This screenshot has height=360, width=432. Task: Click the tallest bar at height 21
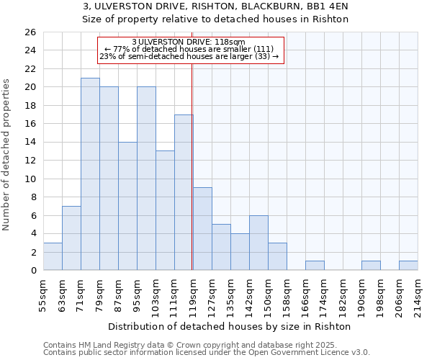(90, 174)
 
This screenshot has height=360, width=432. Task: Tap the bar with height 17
(184, 192)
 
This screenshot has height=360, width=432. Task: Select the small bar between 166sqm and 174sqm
(315, 266)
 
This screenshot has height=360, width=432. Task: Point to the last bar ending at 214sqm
(408, 266)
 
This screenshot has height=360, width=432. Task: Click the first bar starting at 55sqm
(53, 256)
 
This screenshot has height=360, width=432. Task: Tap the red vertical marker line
(192, 166)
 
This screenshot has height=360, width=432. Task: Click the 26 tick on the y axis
(30, 32)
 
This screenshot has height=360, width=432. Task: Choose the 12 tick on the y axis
(30, 161)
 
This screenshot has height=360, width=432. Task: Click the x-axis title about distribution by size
(233, 326)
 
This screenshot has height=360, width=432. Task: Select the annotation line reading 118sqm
(189, 42)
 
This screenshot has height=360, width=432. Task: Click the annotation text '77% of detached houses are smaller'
(189, 49)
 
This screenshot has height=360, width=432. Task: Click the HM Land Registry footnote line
(205, 345)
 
